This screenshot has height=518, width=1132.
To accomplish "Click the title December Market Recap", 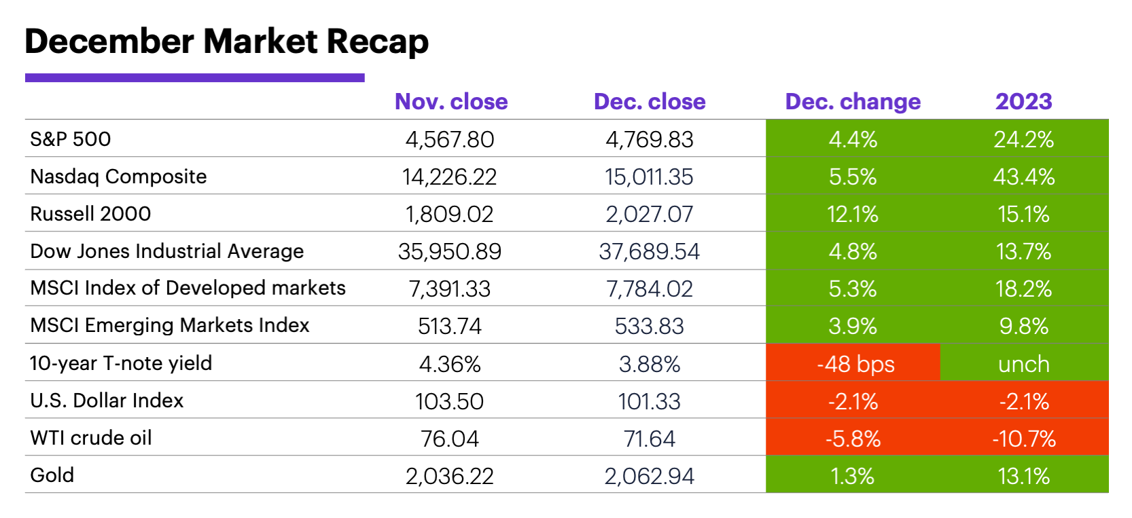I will click(x=226, y=41).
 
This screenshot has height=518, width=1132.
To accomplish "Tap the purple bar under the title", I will click(x=194, y=78).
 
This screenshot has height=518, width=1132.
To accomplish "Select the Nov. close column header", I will click(x=451, y=102).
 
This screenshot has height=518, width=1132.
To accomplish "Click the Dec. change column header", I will click(x=853, y=102).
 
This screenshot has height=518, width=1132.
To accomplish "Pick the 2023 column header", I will click(x=1023, y=102).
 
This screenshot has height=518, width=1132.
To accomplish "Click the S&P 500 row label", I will click(x=71, y=139).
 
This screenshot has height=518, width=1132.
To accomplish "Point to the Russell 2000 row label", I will click(x=90, y=214).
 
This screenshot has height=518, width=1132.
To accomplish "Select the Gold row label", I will click(x=52, y=475).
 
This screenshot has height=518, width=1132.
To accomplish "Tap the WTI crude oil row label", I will click(x=91, y=438).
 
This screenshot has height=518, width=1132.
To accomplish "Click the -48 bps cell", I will click(x=855, y=364).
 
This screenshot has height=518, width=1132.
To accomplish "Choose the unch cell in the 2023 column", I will click(x=1023, y=364).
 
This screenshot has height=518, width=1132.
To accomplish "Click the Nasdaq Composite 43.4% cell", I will click(x=1023, y=177).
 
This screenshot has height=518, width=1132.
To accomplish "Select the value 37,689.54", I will click(x=649, y=252).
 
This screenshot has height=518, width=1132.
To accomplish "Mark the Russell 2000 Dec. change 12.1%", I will click(x=852, y=215).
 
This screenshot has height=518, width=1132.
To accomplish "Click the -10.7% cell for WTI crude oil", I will click(x=1023, y=439).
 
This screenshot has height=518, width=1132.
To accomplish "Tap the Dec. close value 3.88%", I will click(x=649, y=364).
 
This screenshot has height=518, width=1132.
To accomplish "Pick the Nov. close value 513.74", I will click(x=450, y=327).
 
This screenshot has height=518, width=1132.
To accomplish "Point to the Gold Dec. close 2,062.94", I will click(x=649, y=476).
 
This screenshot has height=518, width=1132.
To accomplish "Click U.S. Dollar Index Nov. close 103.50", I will click(x=450, y=401).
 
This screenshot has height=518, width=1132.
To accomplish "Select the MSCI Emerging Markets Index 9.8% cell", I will click(x=1023, y=327).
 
